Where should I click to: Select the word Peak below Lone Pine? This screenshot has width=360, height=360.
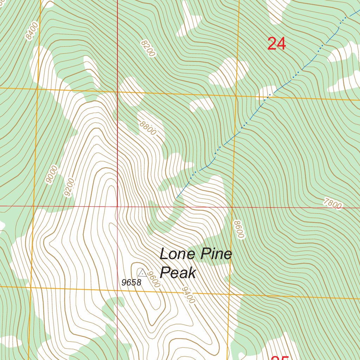coord(178,272)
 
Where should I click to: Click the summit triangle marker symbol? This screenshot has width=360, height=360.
coord(142,272)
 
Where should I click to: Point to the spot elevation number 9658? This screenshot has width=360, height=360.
coord(131,283)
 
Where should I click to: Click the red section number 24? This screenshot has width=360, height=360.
coord(277,44)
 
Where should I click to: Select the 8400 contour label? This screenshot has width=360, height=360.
coord(31,31)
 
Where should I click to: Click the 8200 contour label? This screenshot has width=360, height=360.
coord(148,48)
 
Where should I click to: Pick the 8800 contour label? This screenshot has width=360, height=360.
coord(147,128)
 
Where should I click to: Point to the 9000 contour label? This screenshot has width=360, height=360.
coord(51,174)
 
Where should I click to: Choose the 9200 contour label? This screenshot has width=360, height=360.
coord(70,187)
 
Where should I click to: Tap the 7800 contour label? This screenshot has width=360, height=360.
coord(333,204)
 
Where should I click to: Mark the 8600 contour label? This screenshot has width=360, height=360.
coord(238,229)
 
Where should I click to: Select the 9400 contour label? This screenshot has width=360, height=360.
coord(188,295)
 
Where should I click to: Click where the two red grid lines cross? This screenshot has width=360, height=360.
coord(117,206)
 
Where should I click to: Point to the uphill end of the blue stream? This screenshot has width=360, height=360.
coord(176,198)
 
